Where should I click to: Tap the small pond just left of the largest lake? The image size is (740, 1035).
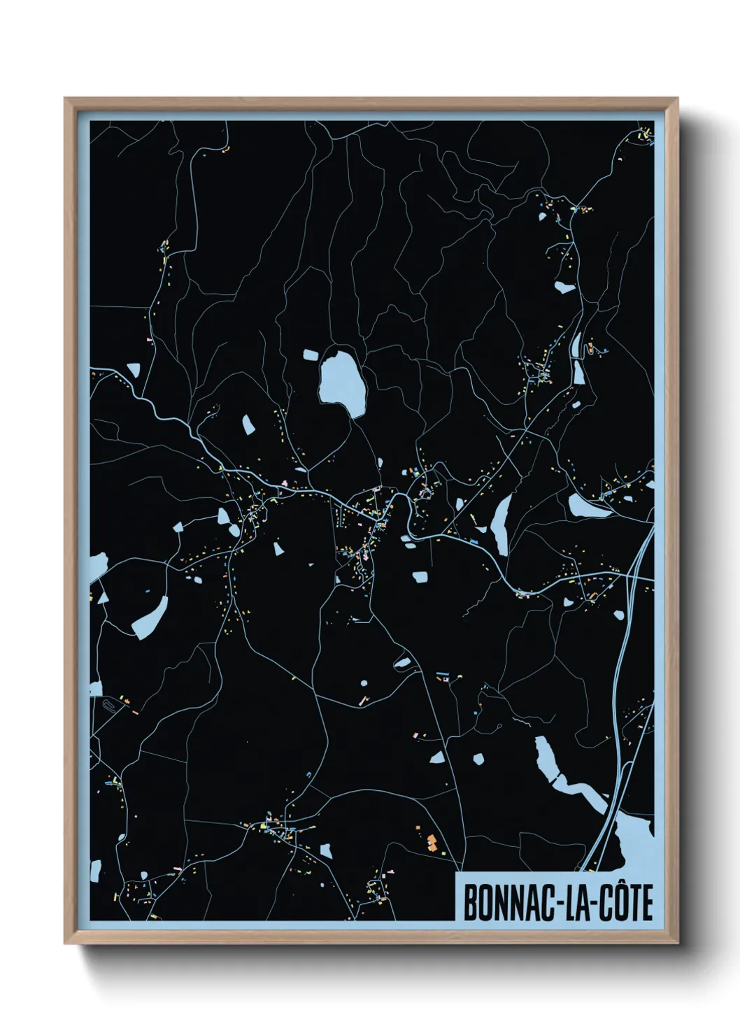point(310,355)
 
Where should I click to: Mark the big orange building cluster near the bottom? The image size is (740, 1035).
point(432,842)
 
